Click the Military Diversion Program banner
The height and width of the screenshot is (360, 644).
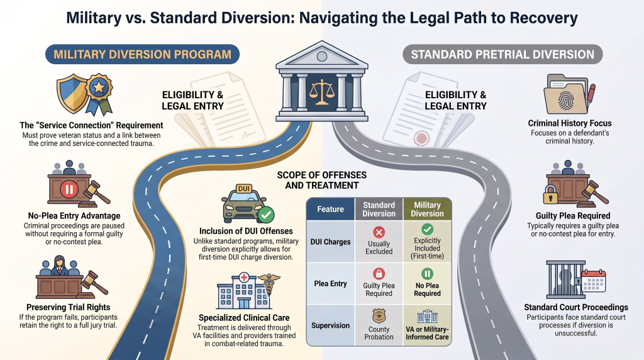[142, 54]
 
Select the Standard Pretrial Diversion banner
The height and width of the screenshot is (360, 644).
[502, 54]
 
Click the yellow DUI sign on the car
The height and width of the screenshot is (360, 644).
[244, 189]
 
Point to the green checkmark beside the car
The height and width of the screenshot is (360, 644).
[266, 214]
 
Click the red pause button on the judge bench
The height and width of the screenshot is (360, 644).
[69, 189]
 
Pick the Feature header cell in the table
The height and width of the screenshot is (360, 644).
[330, 209]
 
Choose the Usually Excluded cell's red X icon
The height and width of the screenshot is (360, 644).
[379, 232]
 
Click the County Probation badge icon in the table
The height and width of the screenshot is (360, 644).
[379, 317]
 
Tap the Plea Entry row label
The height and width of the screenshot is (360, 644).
[330, 284]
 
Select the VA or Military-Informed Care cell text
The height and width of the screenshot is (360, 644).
[427, 334]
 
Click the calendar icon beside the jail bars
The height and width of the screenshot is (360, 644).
[594, 281]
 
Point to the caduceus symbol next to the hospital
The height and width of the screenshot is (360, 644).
[269, 284]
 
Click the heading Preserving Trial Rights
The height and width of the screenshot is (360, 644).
[68, 307]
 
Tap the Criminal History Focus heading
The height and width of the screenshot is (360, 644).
[569, 123]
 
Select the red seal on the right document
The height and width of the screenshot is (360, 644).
[421, 138]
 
